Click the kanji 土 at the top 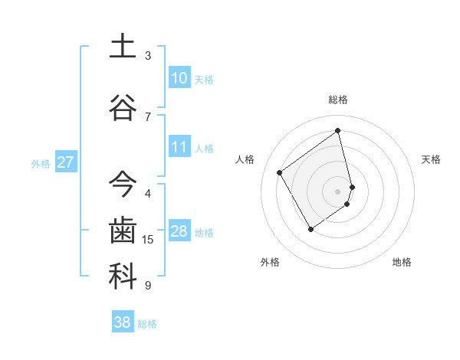pos(123,45)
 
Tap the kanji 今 pos(123,185)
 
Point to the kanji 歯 pos(123,231)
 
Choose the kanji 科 pos(123,277)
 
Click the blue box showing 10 pos(179,78)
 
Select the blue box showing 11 pos(179,147)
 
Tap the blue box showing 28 pos(179,231)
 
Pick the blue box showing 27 pos(66,162)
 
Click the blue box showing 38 pos(123,322)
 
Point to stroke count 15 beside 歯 pos(148,240)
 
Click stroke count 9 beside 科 pos(148,286)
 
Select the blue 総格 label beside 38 pos(147,324)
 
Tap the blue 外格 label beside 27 pos(41,164)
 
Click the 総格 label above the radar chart pos(338,100)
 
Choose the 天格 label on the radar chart pos(432,159)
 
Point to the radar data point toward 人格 pos(280,172)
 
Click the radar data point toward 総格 pos(337,131)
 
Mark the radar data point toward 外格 pos(310,229)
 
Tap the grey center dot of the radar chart pos(337,190)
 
